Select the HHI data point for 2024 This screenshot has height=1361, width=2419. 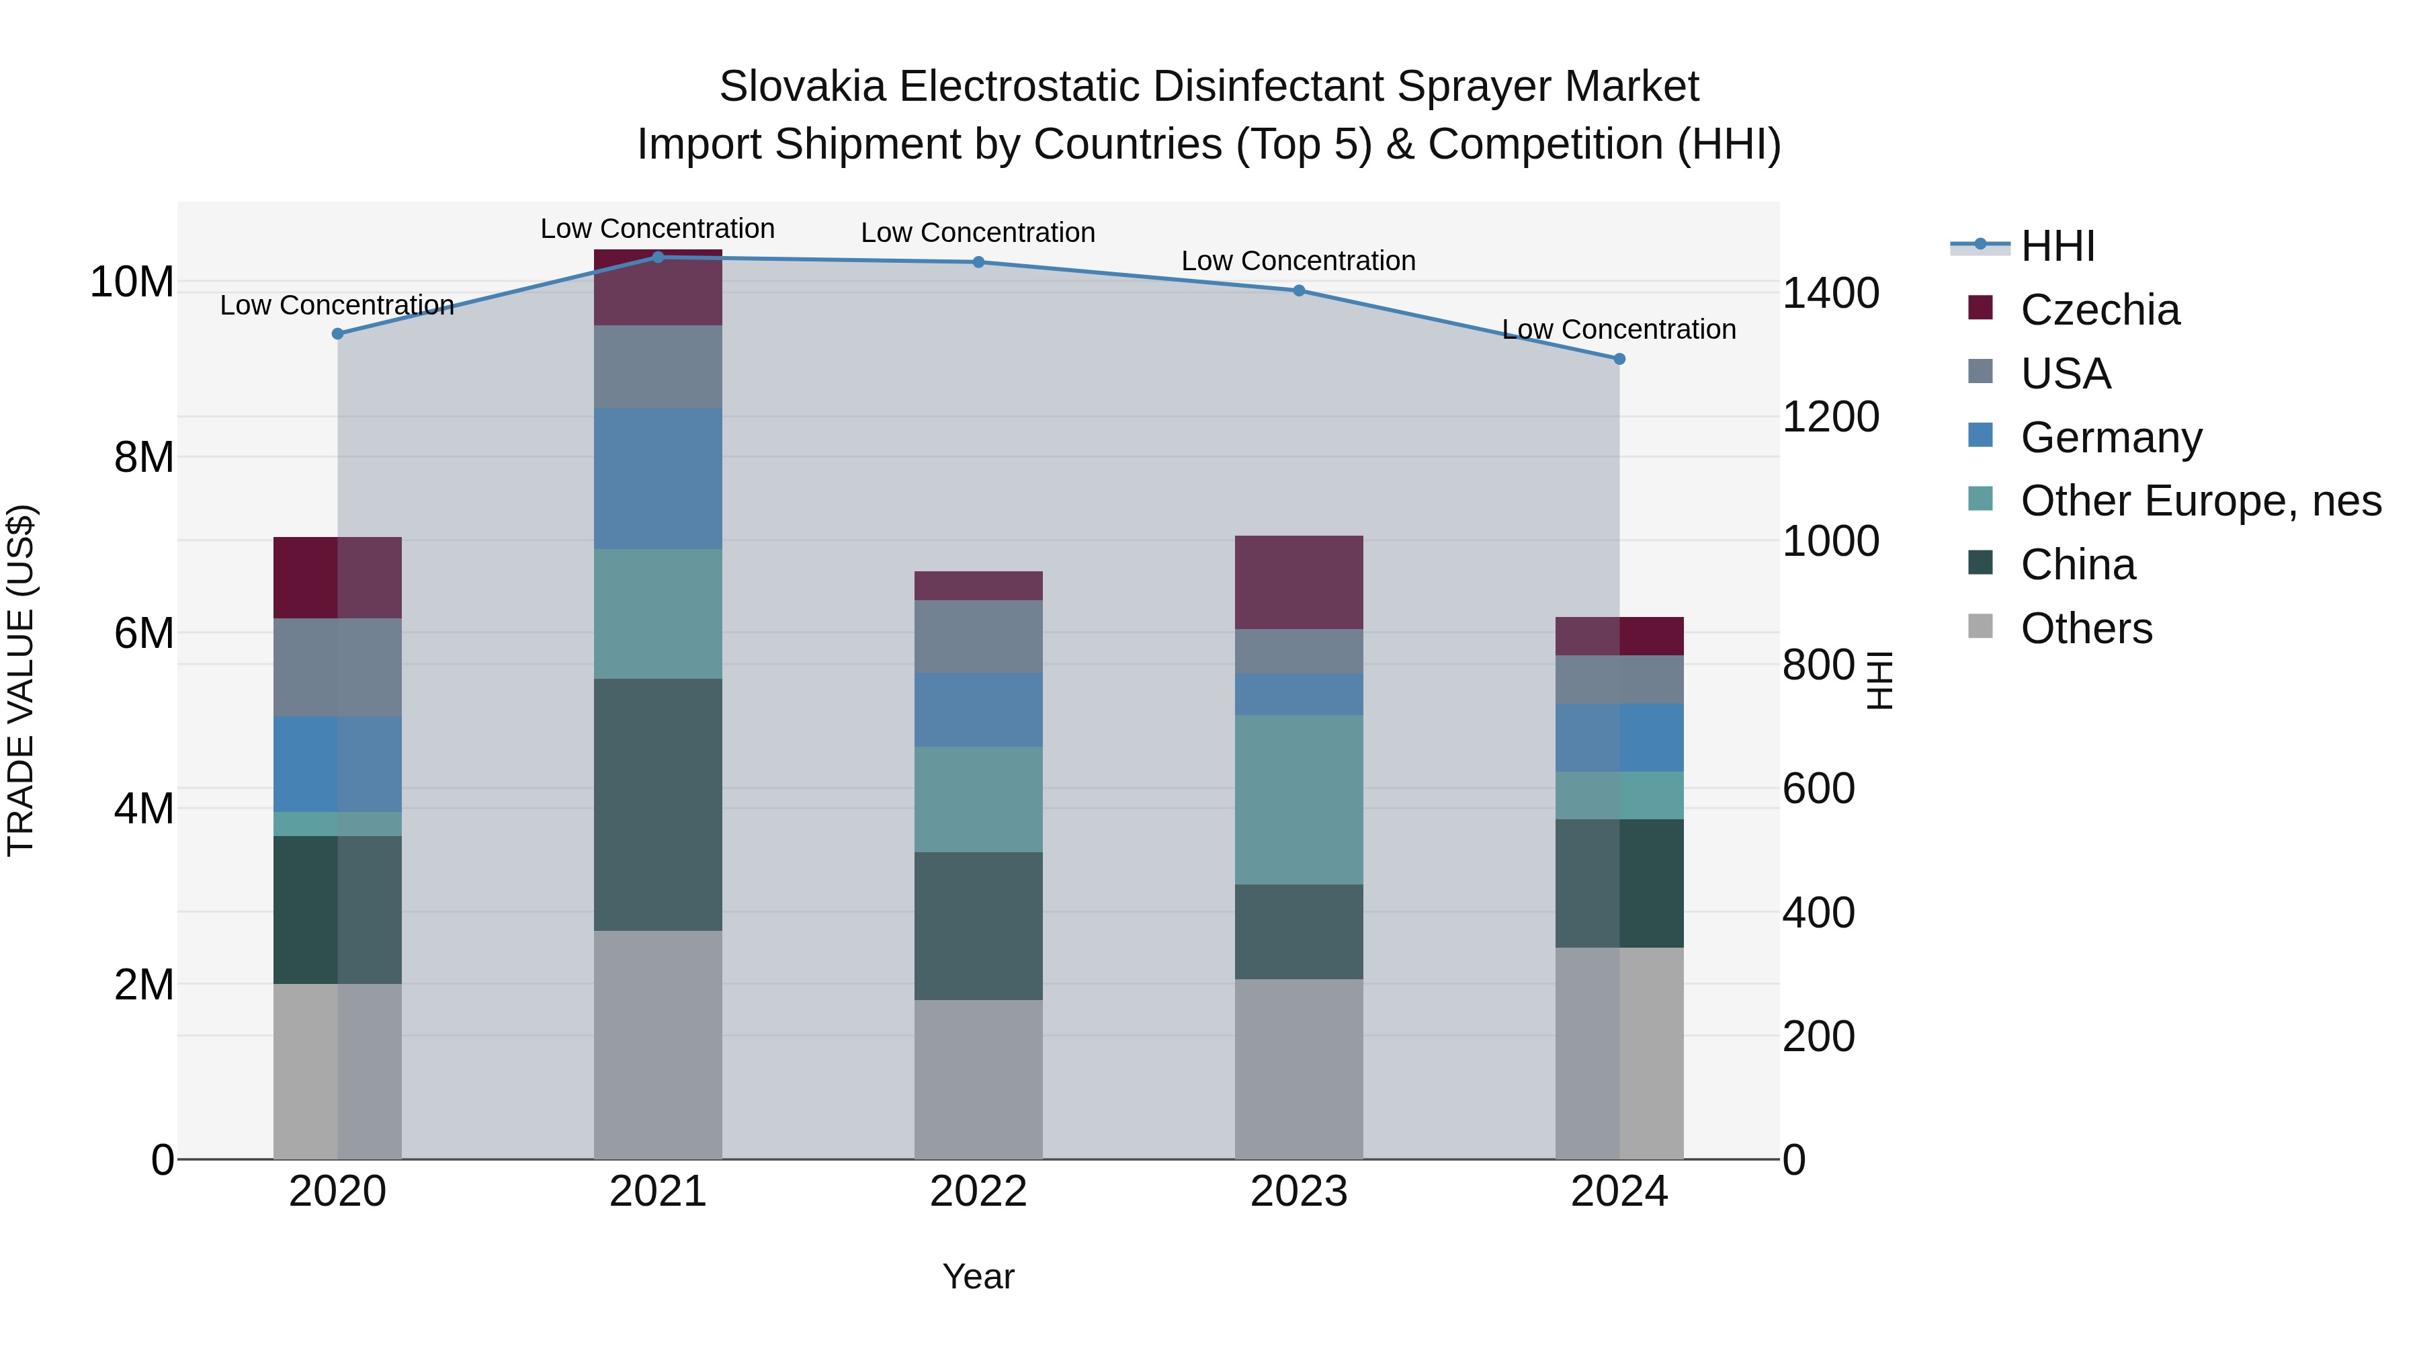1619,359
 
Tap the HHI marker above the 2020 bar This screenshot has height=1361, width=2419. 338,333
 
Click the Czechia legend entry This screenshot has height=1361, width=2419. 2098,310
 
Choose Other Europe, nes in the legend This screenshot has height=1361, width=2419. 2200,501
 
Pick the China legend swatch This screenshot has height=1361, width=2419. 1980,564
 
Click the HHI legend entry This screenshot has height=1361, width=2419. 2057,246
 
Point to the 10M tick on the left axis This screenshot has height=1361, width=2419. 132,282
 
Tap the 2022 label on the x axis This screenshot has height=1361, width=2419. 978,1192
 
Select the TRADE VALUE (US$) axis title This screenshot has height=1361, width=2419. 21,680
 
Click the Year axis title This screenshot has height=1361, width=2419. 978,1276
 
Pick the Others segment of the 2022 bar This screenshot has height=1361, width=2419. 978,1079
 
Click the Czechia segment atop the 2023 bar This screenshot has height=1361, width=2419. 1299,582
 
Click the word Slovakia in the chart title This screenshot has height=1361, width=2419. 802,87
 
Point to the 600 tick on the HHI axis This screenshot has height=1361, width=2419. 1818,788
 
